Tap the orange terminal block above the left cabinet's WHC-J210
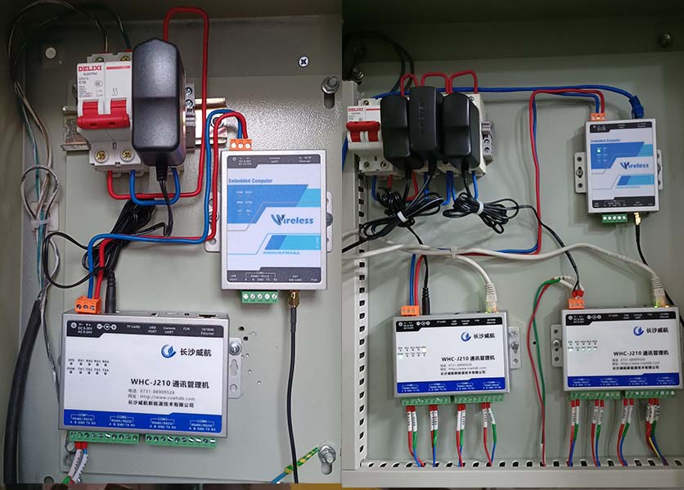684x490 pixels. [x=86, y=305]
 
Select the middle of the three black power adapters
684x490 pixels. [x=425, y=124]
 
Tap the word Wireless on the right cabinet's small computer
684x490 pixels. [x=635, y=164]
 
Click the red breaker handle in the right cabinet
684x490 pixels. [x=359, y=130]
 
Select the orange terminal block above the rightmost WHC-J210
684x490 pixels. [x=576, y=301]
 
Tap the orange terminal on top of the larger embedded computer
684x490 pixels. [x=241, y=144]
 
